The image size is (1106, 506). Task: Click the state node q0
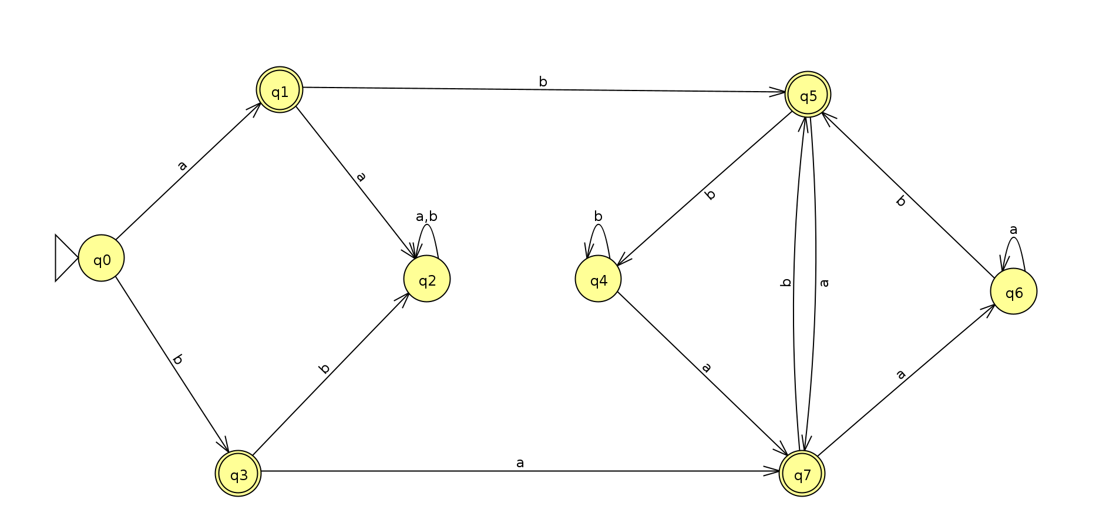tap(101, 258)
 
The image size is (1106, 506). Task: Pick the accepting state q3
tap(238, 473)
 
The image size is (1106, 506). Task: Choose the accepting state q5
tap(808, 95)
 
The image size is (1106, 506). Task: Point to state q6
tap(1013, 291)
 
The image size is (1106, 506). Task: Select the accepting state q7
tap(802, 473)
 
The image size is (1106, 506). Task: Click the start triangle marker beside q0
tap(65, 258)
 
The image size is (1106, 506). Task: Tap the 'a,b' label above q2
tap(426, 216)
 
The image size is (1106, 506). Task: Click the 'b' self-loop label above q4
tap(598, 216)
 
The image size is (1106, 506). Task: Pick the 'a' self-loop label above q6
tap(1013, 230)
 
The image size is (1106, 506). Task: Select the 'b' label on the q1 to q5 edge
tap(543, 82)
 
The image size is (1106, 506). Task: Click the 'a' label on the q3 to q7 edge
tap(520, 463)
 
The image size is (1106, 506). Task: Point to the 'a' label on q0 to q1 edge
tap(182, 166)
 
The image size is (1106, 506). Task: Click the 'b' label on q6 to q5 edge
tap(900, 201)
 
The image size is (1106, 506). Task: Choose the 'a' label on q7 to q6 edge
tap(900, 374)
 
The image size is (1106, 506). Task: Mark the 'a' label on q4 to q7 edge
tap(706, 368)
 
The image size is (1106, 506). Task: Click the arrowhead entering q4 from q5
tap(623, 261)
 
